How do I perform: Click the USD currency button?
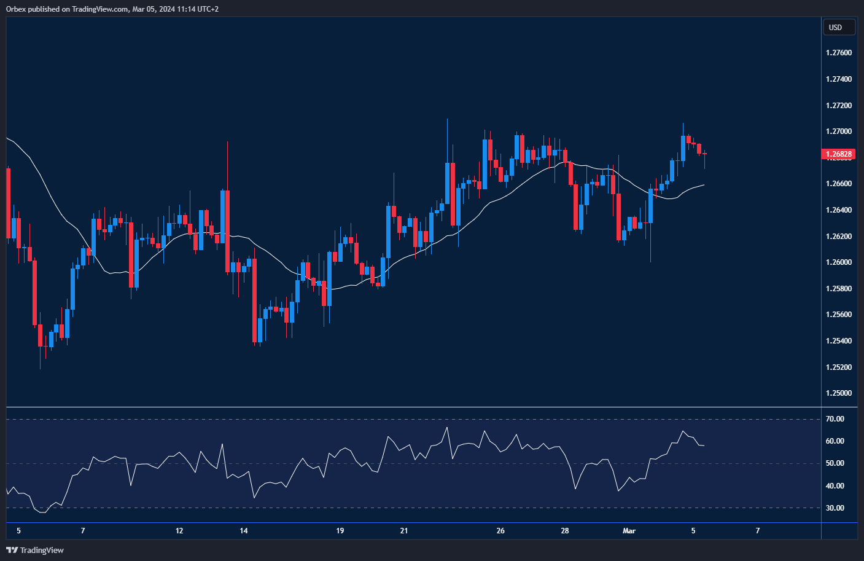point(838,27)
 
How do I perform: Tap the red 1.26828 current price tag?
point(838,154)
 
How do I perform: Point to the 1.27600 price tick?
point(839,53)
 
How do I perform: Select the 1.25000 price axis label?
point(839,393)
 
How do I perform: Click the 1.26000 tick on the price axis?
point(839,262)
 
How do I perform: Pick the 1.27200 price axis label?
point(839,106)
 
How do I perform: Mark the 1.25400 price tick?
point(839,341)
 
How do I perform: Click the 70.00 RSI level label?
point(835,419)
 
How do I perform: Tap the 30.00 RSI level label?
point(835,508)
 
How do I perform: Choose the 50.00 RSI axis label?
point(835,463)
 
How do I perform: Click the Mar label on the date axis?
point(629,531)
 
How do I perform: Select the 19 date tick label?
point(340,531)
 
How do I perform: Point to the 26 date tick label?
point(500,531)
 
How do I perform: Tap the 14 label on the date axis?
point(244,531)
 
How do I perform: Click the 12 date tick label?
point(179,531)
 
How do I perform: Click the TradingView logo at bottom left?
point(35,550)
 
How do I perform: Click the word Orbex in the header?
point(16,9)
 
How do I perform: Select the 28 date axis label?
point(565,531)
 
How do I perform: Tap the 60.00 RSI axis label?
point(835,441)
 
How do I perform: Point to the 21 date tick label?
point(404,531)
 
